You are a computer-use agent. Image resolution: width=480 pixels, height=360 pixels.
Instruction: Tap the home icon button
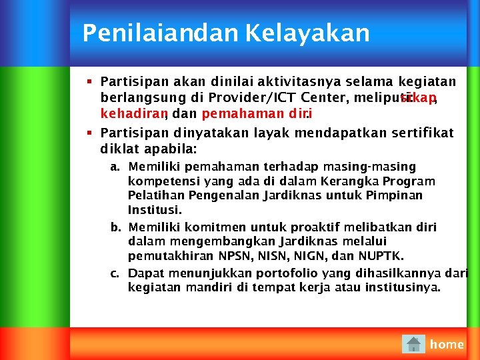pyautogui.click(x=414, y=344)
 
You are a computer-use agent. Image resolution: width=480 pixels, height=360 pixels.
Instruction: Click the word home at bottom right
pyautogui.click(x=447, y=344)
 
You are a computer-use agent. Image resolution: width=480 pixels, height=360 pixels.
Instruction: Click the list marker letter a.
pyautogui.click(x=115, y=167)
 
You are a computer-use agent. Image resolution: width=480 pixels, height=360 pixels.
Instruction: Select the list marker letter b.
pyautogui.click(x=115, y=227)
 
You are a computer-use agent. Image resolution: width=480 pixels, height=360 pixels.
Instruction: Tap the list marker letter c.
pyautogui.click(x=115, y=273)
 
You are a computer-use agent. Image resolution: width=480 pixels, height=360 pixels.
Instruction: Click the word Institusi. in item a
pyautogui.click(x=155, y=211)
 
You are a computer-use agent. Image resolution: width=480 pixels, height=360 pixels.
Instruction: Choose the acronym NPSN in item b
pyautogui.click(x=236, y=256)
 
